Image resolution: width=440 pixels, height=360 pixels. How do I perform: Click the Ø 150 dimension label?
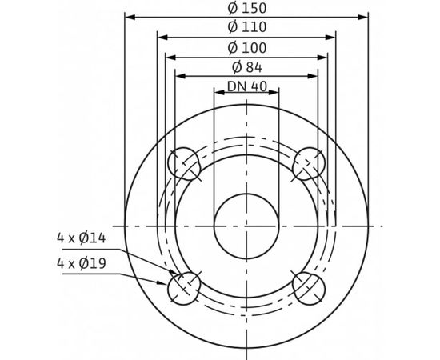tap(247, 8)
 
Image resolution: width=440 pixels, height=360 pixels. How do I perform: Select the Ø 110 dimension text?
tap(247, 27)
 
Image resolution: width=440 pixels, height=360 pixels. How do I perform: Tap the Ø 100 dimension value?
tap(247, 47)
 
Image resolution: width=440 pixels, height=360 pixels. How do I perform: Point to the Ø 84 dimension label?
tap(247, 66)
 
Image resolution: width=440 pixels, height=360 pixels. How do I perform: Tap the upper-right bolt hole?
tap(308, 163)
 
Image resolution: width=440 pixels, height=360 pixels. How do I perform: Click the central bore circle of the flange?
tap(246, 225)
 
